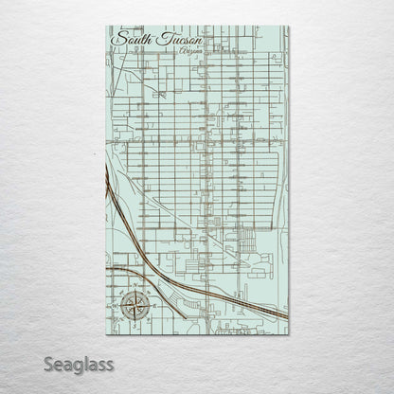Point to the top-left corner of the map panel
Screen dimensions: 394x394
click(x=105, y=27)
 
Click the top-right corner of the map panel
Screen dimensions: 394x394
click(x=289, y=27)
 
